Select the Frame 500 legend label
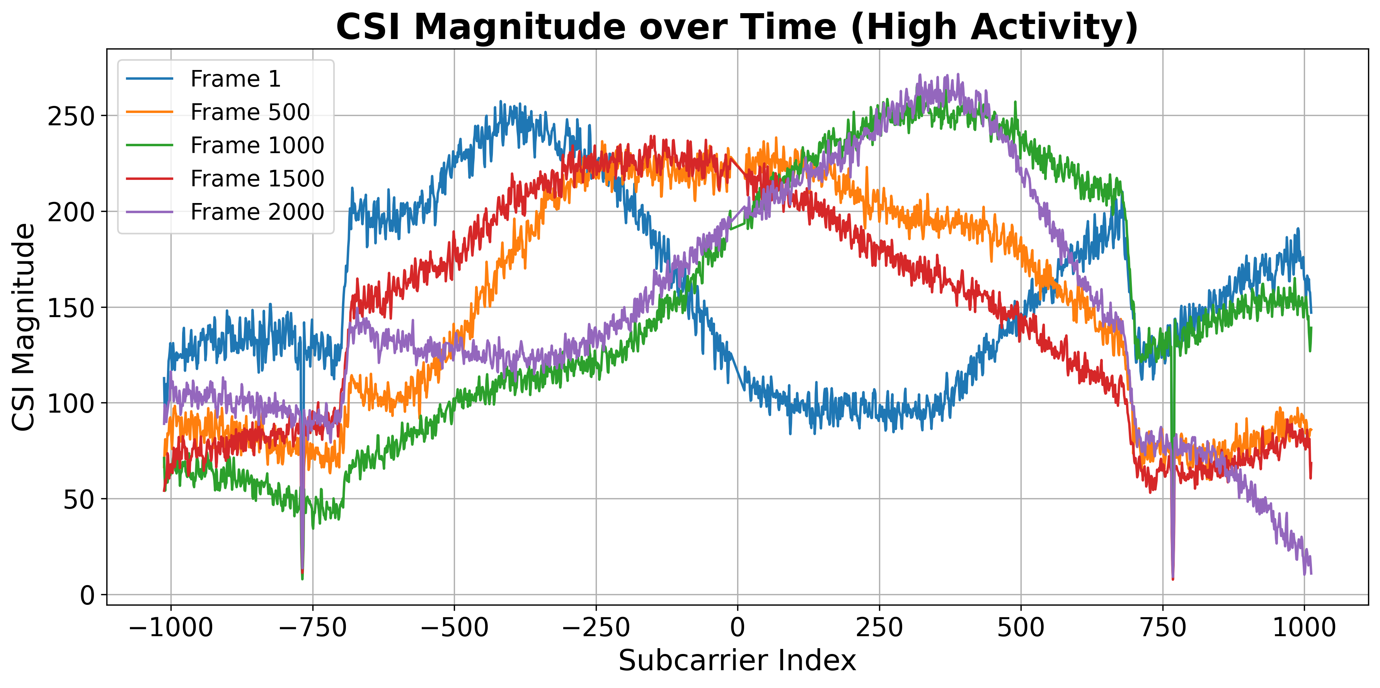(x=250, y=112)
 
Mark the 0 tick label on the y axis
(x=87, y=595)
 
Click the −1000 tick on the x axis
(x=171, y=627)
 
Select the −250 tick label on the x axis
(x=596, y=627)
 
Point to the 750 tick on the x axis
(x=1162, y=627)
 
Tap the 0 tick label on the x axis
(x=738, y=627)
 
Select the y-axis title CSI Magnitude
(x=24, y=327)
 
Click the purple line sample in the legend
(x=150, y=212)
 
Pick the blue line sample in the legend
(x=150, y=79)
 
